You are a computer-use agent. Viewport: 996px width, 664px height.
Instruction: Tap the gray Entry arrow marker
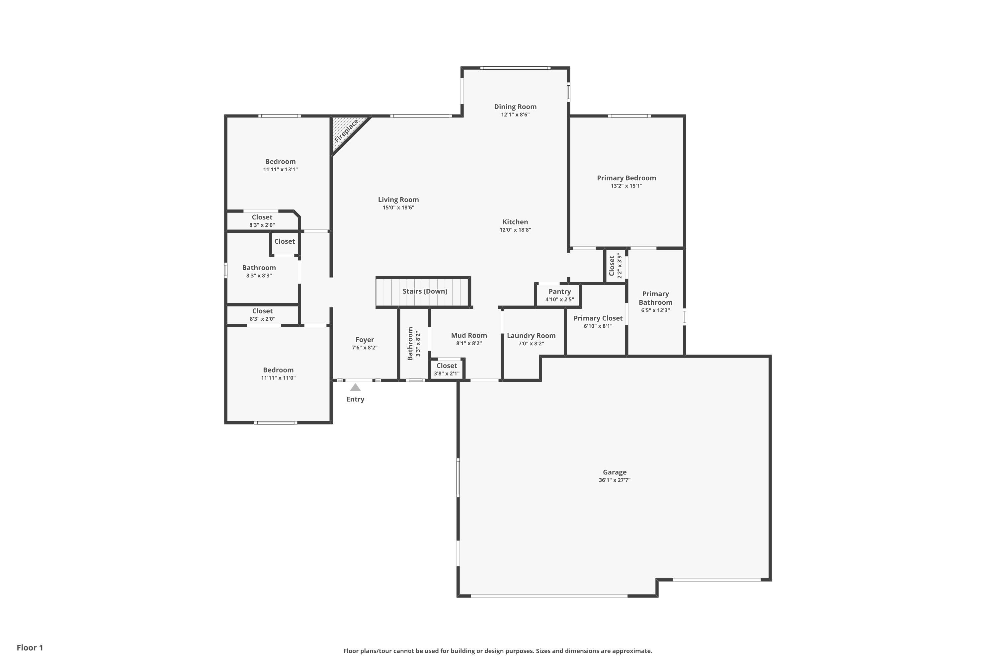point(355,387)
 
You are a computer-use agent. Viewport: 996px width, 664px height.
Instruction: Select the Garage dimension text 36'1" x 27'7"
point(615,480)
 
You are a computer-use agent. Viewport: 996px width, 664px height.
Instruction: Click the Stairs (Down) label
point(425,291)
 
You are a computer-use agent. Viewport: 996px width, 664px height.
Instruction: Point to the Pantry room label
point(559,291)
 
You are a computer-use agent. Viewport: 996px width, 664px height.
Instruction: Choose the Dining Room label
point(515,107)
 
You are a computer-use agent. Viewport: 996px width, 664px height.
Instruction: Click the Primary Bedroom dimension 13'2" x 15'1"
point(626,186)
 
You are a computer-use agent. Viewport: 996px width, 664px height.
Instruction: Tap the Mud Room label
point(469,335)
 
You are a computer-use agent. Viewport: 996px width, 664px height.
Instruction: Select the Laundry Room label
point(531,336)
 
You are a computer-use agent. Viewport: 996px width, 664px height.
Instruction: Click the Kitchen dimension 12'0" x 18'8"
point(515,230)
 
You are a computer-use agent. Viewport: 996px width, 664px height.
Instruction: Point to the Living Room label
point(398,200)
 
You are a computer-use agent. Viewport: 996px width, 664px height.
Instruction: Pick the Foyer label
point(365,340)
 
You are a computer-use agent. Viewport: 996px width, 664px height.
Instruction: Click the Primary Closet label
point(598,318)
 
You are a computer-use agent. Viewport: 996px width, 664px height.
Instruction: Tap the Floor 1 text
point(30,647)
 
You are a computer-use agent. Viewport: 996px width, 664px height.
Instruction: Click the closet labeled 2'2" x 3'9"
point(615,266)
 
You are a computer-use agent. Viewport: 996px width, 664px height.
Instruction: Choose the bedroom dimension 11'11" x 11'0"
point(278,378)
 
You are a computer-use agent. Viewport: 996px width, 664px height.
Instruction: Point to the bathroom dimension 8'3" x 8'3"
point(259,276)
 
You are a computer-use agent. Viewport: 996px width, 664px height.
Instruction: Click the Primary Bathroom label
point(655,298)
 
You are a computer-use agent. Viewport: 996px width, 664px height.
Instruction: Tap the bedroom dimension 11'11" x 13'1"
point(280,170)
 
